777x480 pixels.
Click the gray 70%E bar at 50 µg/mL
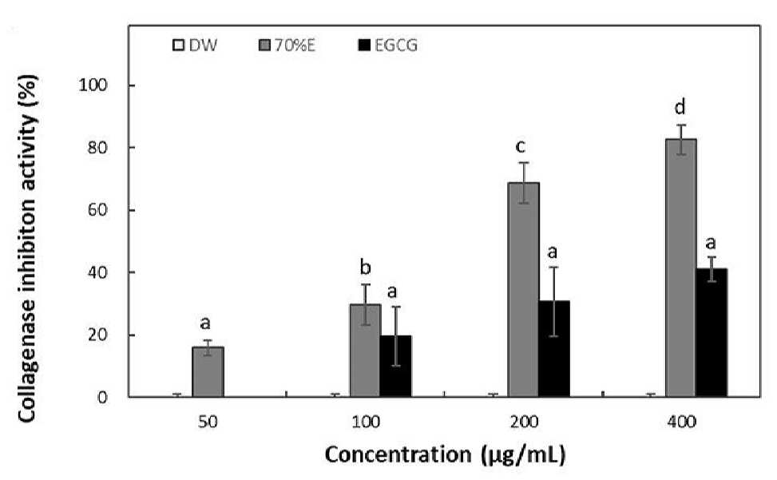tap(208, 372)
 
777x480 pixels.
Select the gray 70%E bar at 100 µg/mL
tap(366, 351)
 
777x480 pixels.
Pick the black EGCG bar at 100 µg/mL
tap(396, 367)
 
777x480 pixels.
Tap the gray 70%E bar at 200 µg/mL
tap(524, 290)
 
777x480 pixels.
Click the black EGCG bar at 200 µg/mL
tap(554, 349)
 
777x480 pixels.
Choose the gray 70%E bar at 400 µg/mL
tap(681, 268)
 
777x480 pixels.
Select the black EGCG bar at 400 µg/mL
tap(712, 333)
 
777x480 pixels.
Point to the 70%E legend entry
tap(287, 46)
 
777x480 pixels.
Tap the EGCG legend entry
tap(388, 46)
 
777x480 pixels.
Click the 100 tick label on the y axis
tap(93, 85)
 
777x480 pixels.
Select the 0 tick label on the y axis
tap(102, 397)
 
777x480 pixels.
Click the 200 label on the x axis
tap(524, 422)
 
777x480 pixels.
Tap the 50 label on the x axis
tap(208, 422)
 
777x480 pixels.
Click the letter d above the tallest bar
tap(680, 106)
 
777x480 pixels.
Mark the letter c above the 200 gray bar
tap(521, 147)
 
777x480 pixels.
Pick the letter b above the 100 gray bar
tap(365, 268)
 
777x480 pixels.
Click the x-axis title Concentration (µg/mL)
tap(445, 454)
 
